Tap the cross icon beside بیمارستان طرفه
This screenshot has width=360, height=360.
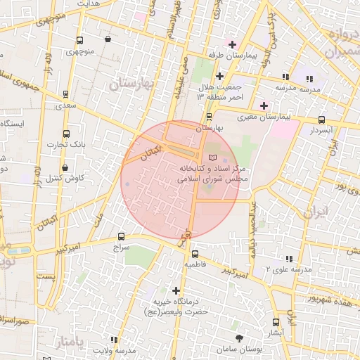232,44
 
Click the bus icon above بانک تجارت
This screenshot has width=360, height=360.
67,134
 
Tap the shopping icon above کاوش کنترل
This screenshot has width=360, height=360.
65,168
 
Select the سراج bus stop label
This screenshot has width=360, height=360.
122,247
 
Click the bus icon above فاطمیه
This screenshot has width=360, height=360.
195,255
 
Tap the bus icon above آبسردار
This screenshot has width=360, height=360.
321,120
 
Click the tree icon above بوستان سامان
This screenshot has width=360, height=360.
240,339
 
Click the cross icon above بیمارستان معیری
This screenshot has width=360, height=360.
264,106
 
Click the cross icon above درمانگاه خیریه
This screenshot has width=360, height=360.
176,290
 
